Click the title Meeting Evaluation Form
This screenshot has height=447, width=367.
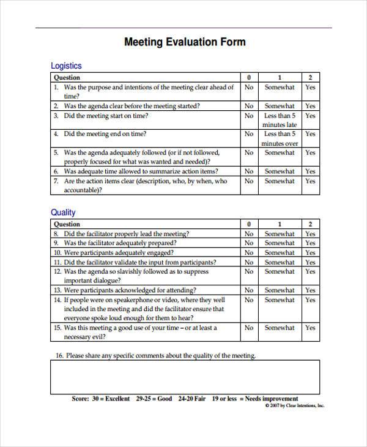[x=185, y=42]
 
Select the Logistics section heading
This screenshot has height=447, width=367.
[x=65, y=66]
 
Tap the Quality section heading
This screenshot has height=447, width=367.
[x=62, y=212]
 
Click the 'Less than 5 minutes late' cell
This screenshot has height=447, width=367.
[x=280, y=120]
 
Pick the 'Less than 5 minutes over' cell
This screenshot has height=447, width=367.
[x=280, y=138]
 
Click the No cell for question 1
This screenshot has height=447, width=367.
[x=249, y=88]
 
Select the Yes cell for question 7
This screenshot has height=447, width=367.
[x=310, y=181]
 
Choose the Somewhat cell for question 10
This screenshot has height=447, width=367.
[x=280, y=252]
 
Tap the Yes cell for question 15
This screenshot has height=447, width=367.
[x=310, y=328]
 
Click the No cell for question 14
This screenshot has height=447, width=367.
[x=249, y=300]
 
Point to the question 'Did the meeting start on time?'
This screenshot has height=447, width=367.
[x=106, y=115]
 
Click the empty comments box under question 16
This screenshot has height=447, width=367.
[x=183, y=376]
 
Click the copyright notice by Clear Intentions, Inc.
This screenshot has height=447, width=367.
[x=294, y=405]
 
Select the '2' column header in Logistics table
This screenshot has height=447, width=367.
[x=310, y=78]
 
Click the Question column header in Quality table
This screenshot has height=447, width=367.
[x=67, y=224]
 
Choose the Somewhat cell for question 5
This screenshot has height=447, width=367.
[x=280, y=152]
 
